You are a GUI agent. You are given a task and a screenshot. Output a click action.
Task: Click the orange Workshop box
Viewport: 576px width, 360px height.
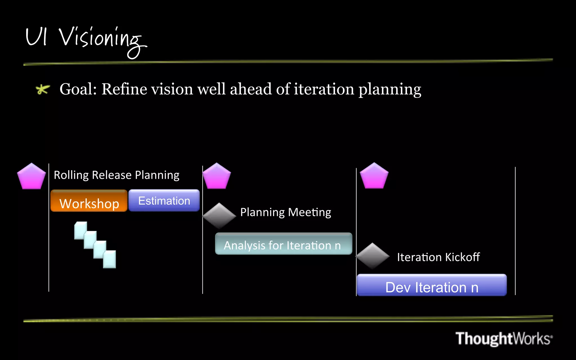[89, 201]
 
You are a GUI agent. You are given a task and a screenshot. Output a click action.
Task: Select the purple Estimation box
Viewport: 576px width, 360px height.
[164, 200]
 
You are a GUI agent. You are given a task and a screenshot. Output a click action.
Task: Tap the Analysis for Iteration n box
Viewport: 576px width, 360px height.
[283, 244]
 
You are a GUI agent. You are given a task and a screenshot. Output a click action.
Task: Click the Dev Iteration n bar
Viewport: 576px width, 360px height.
[432, 285]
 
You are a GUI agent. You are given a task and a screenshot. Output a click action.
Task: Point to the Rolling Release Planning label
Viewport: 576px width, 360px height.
[116, 175]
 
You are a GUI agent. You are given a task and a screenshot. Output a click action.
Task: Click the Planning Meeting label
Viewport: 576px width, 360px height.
[285, 212]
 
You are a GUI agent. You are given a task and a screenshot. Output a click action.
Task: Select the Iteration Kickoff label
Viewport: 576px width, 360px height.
[438, 257]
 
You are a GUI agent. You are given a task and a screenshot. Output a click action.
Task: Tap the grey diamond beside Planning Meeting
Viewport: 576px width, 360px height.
[219, 215]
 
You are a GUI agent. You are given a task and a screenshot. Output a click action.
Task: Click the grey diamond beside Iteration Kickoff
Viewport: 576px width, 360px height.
[373, 256]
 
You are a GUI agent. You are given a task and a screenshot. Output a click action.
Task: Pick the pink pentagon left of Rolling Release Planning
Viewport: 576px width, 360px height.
[31, 177]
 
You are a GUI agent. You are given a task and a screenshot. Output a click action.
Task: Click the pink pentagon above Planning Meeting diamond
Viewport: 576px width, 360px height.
[217, 177]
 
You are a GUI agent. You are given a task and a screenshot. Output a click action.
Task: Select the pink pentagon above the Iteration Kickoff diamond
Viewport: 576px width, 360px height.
[374, 176]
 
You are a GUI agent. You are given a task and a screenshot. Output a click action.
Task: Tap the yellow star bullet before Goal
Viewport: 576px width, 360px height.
[42, 89]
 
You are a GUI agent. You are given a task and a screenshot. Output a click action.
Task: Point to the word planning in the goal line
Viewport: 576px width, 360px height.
[390, 90]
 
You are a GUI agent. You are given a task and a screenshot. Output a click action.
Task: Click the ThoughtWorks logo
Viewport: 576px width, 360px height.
[504, 338]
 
